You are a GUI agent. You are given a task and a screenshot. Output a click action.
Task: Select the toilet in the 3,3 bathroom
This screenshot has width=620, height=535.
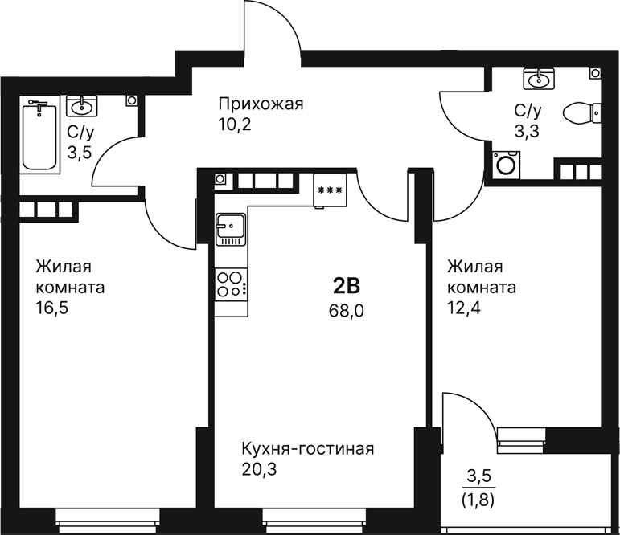[582, 112]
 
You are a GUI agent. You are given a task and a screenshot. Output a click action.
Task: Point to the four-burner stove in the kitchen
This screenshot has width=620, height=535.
[231, 284]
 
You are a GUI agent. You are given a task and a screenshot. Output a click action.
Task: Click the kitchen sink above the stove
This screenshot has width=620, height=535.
[230, 230]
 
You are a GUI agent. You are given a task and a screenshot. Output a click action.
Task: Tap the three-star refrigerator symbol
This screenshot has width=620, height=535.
[329, 190]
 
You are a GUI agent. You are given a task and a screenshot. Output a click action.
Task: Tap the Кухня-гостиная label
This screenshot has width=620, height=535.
[309, 448]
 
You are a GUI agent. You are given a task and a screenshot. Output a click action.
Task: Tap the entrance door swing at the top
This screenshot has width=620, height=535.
[273, 32]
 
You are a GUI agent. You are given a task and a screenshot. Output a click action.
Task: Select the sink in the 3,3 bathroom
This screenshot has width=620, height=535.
[538, 79]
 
